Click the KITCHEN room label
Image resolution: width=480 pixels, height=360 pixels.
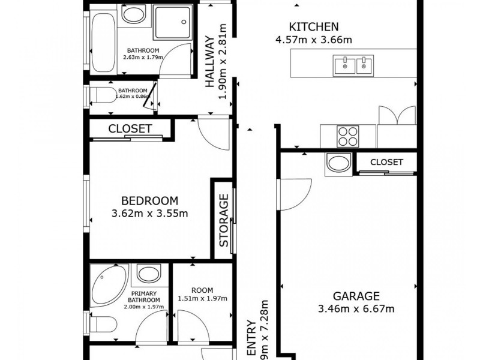[314, 26]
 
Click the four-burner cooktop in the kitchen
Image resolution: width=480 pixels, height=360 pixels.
[348, 136]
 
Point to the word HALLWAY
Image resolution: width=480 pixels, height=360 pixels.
[210, 62]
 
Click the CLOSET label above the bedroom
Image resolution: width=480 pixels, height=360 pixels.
[130, 128]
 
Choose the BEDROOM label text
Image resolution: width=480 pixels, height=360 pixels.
[149, 200]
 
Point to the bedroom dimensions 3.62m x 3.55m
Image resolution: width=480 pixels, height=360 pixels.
[149, 213]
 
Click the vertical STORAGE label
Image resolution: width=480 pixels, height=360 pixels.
[223, 220]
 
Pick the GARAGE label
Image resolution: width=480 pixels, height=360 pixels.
[356, 296]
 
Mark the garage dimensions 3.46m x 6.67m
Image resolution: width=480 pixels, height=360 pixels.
[356, 309]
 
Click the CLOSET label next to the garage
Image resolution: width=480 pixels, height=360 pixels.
[386, 162]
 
